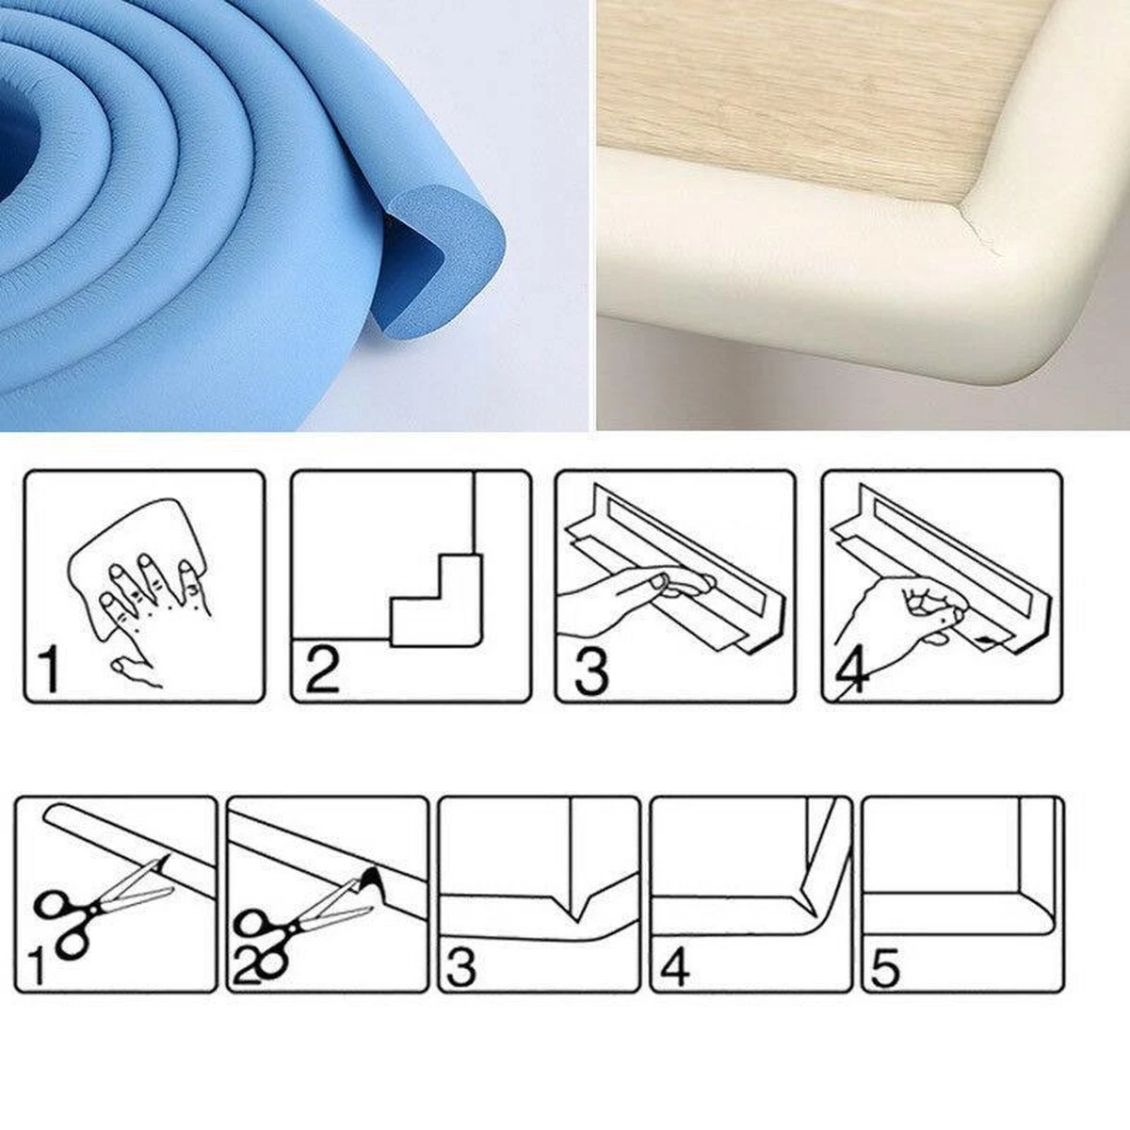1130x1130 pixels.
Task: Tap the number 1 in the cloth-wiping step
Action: pyautogui.click(x=49, y=669)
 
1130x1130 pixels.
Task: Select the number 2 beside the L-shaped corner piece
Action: pyautogui.click(x=322, y=670)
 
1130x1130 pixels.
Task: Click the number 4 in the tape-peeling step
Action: pyautogui.click(x=851, y=671)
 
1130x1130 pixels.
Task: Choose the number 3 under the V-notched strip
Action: pyautogui.click(x=461, y=966)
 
